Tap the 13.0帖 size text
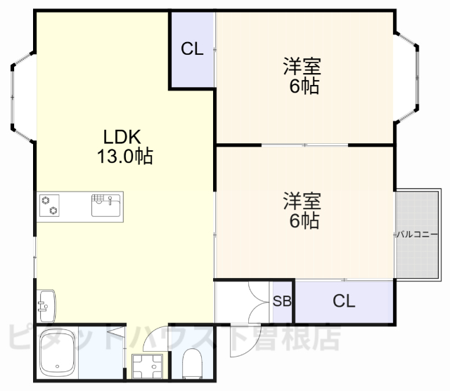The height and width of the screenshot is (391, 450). pos(124,156)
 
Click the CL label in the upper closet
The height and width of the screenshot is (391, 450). pos(192,49)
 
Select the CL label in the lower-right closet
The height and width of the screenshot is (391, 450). pos(344,301)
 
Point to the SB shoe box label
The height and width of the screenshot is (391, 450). pos(282,302)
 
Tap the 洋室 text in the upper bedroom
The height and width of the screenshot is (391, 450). pos(303,67)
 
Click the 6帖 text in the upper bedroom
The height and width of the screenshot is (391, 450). pos(303,86)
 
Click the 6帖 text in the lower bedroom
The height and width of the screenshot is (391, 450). pos(303,220)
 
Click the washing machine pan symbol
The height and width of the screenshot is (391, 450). pos(147,364)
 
